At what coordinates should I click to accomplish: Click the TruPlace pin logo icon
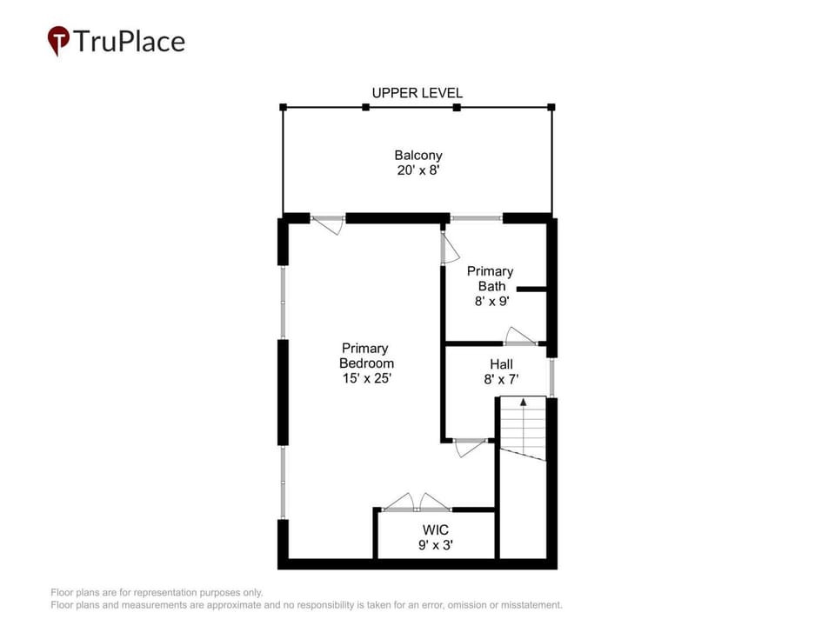click(58, 41)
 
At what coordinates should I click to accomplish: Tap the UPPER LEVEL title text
click(417, 93)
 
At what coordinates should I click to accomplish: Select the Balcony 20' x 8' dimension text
click(418, 170)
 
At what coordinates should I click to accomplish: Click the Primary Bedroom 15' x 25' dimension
click(367, 378)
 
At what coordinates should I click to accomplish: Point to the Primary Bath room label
click(490, 279)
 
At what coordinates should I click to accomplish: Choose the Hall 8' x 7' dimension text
click(501, 379)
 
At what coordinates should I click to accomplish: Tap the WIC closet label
click(436, 530)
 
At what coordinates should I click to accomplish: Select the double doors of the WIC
click(417, 502)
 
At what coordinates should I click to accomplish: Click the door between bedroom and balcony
click(327, 224)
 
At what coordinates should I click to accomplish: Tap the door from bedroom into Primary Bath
click(449, 248)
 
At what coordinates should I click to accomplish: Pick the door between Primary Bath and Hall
click(521, 336)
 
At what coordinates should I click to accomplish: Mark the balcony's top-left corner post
click(284, 107)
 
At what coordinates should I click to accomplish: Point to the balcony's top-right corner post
click(551, 107)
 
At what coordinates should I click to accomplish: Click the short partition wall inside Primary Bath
click(531, 289)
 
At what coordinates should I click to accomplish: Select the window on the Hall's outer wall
click(551, 377)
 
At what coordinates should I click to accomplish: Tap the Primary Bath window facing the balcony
click(477, 217)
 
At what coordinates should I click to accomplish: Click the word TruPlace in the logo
click(130, 42)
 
